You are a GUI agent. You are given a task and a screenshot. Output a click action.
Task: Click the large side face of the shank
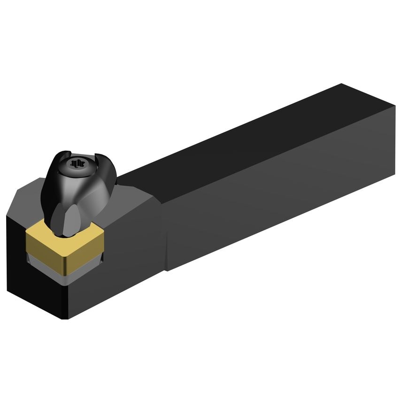point(277,188)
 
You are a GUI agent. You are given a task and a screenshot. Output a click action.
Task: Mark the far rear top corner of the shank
point(341,85)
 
